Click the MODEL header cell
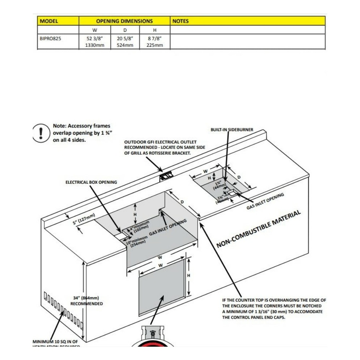click(49, 21)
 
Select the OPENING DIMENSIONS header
click(124, 21)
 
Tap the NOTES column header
click(181, 21)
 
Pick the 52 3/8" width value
click(95, 37)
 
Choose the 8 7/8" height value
click(154, 37)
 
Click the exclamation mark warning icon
click(41, 133)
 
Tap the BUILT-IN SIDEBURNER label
click(232, 130)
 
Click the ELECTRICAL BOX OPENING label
click(91, 182)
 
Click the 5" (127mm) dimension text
click(84, 219)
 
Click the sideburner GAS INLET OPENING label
click(265, 201)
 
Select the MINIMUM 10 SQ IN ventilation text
click(55, 341)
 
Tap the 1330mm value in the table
click(95, 45)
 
